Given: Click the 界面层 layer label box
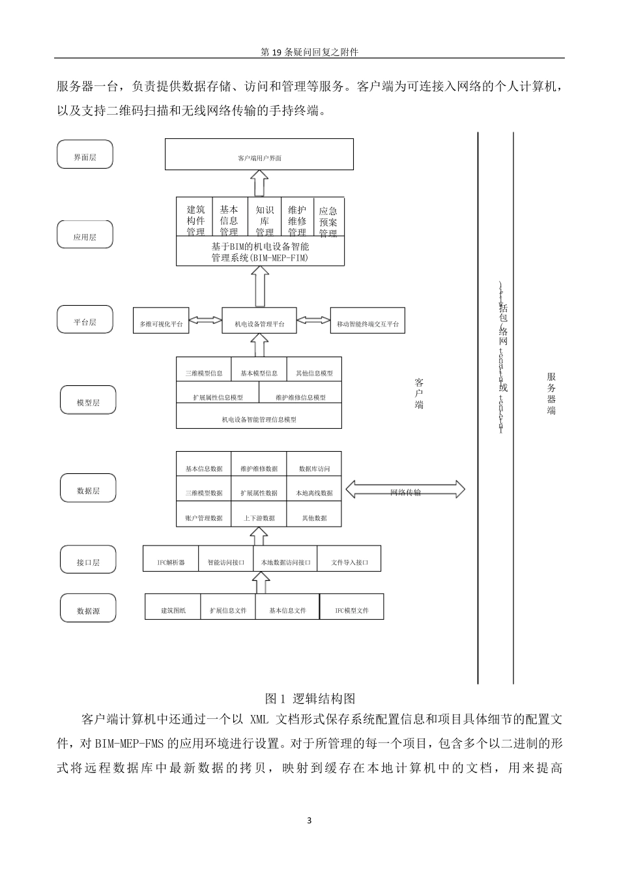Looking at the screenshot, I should [x=85, y=155].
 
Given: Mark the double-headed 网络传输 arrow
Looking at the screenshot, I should [x=405, y=490].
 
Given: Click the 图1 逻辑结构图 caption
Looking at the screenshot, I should [x=310, y=699].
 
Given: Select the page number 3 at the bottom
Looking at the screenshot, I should [x=309, y=820].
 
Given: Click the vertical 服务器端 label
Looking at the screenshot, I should [x=551, y=394].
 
